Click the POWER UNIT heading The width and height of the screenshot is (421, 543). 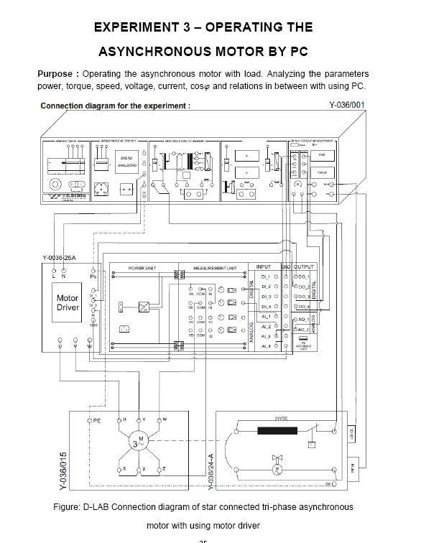click(143, 267)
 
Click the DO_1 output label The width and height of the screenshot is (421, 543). click(303, 277)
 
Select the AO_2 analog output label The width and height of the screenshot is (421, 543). click(303, 330)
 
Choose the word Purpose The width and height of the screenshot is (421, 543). click(55, 74)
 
